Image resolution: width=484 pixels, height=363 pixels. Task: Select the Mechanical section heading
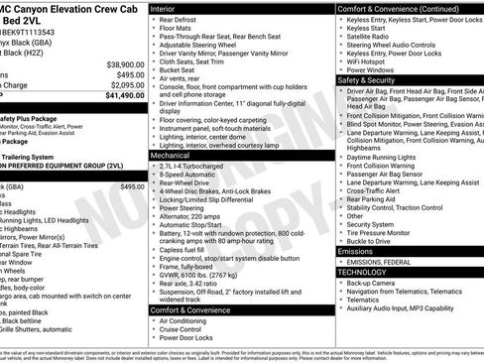click(x=172, y=156)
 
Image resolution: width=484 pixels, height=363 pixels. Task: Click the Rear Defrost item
click(x=184, y=20)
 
